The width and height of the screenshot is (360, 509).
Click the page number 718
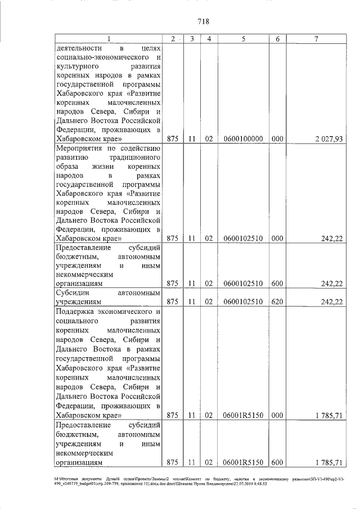click(204, 22)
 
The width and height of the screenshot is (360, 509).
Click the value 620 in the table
click(277, 301)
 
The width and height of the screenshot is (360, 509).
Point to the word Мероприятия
click(78, 148)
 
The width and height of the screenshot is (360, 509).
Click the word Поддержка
click(76, 312)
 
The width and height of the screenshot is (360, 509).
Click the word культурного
click(78, 68)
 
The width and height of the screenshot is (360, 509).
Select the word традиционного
click(132, 158)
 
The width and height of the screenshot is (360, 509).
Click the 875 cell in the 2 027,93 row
click(173, 138)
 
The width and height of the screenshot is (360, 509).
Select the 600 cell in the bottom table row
click(277, 463)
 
